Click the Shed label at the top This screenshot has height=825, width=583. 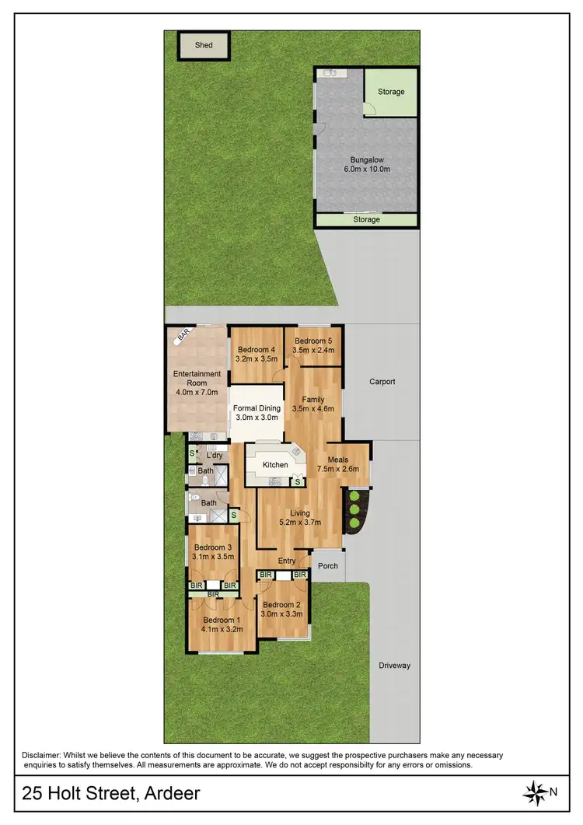pyautogui.click(x=204, y=45)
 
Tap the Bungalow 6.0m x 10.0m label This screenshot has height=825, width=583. pyautogui.click(x=367, y=164)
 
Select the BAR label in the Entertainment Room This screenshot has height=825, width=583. pyautogui.click(x=183, y=335)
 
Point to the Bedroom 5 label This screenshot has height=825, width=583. pyautogui.click(x=314, y=341)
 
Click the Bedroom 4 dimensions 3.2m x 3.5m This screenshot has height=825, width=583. pyautogui.click(x=257, y=359)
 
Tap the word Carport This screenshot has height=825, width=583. pyautogui.click(x=382, y=382)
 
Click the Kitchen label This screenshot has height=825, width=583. pyautogui.click(x=275, y=465)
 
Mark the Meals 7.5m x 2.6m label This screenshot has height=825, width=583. pyautogui.click(x=338, y=464)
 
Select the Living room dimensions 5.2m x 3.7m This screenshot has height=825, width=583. pyautogui.click(x=300, y=523)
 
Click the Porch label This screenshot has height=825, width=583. pyautogui.click(x=328, y=565)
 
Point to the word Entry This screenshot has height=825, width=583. pyautogui.click(x=287, y=561)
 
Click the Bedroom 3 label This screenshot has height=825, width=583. pyautogui.click(x=213, y=547)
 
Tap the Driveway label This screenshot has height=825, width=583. pyautogui.click(x=395, y=666)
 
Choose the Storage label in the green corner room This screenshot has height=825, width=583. pyautogui.click(x=391, y=92)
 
